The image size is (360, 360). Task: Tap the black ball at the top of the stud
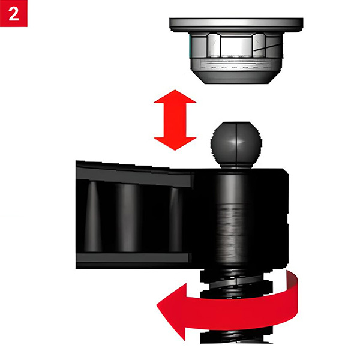point(236,143)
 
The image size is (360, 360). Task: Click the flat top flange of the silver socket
point(236,25)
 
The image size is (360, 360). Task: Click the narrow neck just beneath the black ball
point(236,166)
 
